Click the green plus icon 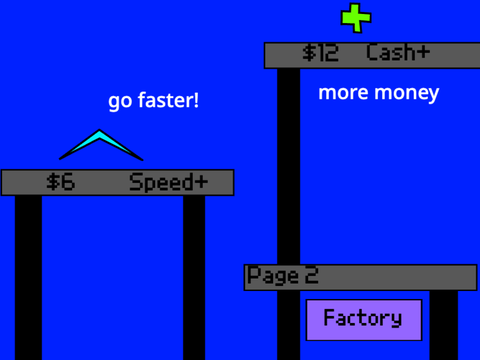pos(356,18)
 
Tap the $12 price pos(320,53)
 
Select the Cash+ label pos(398,52)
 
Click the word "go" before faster pos(120,101)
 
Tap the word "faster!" pos(168,99)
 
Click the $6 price pos(61,182)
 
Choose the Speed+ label pos(168,182)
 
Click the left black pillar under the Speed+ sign pos(28,278)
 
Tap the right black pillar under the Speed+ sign pos(194,278)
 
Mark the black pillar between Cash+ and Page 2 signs pos(289,166)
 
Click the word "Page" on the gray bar pos(273,276)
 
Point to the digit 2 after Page pos(312,275)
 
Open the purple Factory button pos(364,320)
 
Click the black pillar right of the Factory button pos(444,325)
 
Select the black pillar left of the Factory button pos(289,325)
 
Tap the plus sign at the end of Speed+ pos(201,182)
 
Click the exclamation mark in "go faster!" pos(196,99)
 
